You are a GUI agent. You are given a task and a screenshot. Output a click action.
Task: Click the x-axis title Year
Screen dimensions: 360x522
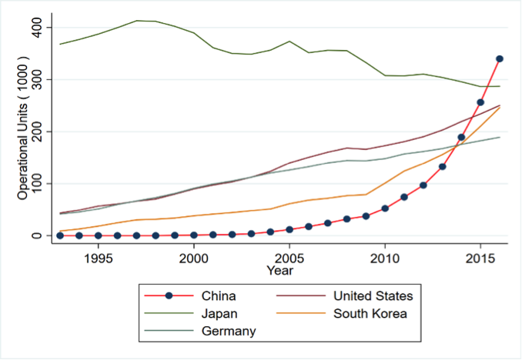point(279,270)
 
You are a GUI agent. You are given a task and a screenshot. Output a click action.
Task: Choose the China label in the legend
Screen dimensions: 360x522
point(219,296)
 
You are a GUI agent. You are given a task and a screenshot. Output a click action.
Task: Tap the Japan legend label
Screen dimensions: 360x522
point(219,313)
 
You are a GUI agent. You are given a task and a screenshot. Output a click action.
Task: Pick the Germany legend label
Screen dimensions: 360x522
point(229,331)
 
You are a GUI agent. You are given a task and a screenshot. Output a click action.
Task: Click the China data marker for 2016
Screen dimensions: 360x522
point(500,58)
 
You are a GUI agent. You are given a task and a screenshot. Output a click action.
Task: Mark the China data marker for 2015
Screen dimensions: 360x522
point(480,102)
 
